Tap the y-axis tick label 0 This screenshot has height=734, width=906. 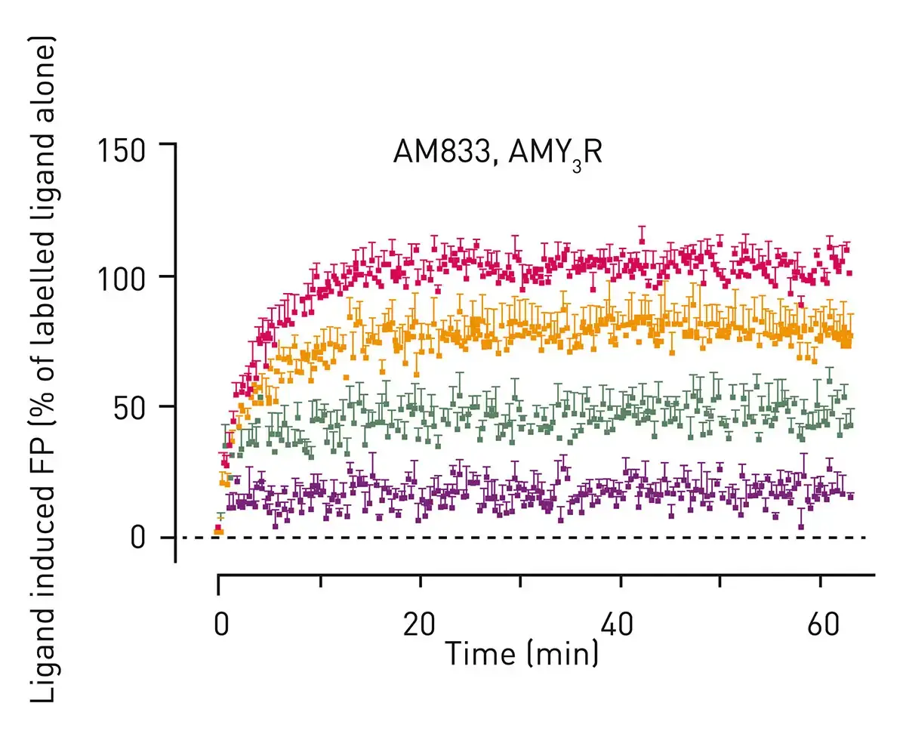pos(137,538)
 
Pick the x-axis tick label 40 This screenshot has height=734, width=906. pos(620,626)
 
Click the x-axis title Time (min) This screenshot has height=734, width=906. pos(521,652)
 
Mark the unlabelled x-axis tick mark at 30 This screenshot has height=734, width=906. pos(520,581)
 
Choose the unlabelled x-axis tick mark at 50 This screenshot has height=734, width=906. pos(720,581)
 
